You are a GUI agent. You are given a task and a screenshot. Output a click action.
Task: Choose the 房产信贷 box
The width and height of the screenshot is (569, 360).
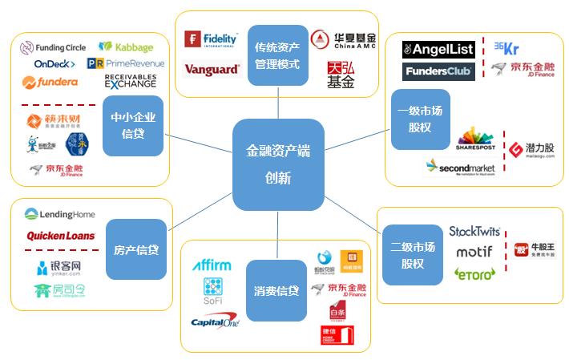[x=136, y=249]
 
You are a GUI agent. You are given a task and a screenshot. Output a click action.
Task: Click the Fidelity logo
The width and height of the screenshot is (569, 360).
[x=212, y=38]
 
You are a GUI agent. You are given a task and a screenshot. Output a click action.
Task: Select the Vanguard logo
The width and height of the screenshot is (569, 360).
[x=212, y=70]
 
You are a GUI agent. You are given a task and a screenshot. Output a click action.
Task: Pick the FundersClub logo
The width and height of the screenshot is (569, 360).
[x=438, y=71]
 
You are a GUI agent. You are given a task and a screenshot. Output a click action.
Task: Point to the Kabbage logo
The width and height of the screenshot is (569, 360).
[x=126, y=47]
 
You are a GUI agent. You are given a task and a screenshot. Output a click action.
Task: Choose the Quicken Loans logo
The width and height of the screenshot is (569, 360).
[x=61, y=236]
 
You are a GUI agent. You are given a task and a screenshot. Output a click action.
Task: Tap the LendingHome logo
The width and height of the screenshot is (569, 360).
[x=60, y=214]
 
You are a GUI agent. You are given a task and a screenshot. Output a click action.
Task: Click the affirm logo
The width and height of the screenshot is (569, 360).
[x=212, y=265]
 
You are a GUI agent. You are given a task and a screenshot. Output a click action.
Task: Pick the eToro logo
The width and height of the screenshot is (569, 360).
[x=474, y=274]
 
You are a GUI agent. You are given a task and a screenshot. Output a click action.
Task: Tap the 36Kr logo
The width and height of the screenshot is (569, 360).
[x=506, y=47]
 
